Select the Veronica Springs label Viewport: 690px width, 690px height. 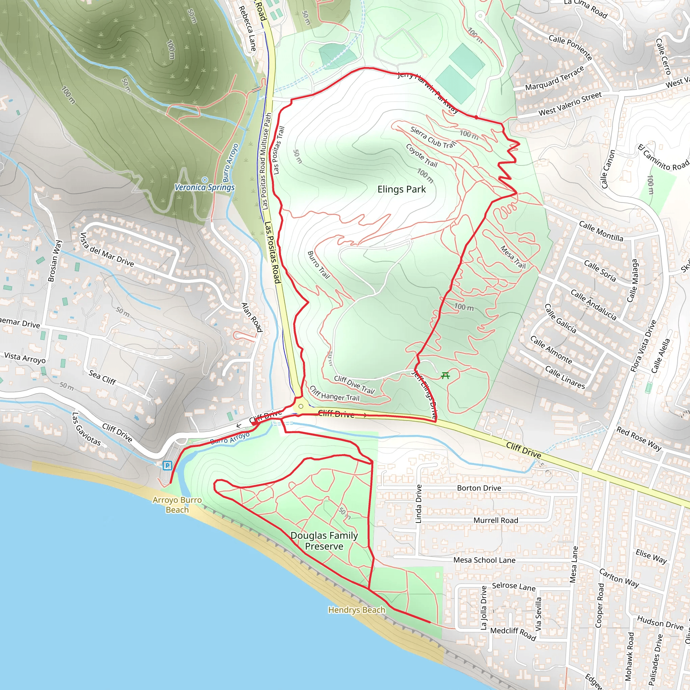pyautogui.click(x=205, y=187)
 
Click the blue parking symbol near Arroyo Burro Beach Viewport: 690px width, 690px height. pyautogui.click(x=167, y=465)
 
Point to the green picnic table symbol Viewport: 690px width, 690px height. pyautogui.click(x=445, y=375)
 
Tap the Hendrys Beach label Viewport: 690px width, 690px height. pyautogui.click(x=356, y=609)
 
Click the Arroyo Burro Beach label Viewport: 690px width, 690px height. pyautogui.click(x=177, y=505)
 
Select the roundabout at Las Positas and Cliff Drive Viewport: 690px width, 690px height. pyautogui.click(x=301, y=406)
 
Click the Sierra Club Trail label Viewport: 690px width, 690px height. pyautogui.click(x=433, y=137)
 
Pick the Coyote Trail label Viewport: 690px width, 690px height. pyautogui.click(x=421, y=155)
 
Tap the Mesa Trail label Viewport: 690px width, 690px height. pyautogui.click(x=513, y=257)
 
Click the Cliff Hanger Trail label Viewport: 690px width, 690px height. pyautogui.click(x=334, y=393)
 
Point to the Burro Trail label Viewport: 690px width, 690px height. pyautogui.click(x=319, y=264)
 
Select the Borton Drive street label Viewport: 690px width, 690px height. pyautogui.click(x=479, y=488)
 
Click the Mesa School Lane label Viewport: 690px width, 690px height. pyautogui.click(x=484, y=560)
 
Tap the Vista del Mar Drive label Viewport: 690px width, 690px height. pyautogui.click(x=106, y=250)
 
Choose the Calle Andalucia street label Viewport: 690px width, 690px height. pyautogui.click(x=593, y=305)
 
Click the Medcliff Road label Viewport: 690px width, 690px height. pyautogui.click(x=513, y=634)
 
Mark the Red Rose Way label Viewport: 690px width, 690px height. pyautogui.click(x=639, y=439)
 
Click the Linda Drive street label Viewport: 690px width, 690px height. pyautogui.click(x=418, y=504)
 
